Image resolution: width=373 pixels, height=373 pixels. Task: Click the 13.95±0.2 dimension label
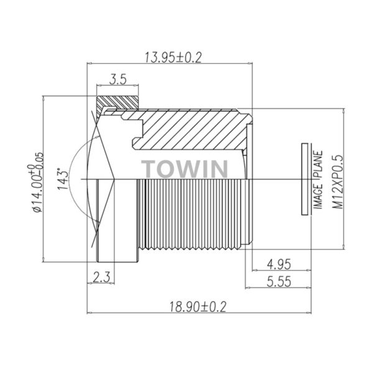pyautogui.click(x=173, y=58)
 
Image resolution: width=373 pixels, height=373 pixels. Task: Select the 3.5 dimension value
pyautogui.click(x=117, y=79)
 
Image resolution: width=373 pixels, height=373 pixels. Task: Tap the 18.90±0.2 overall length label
pyautogui.click(x=198, y=306)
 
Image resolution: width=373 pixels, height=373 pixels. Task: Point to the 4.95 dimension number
pyautogui.click(x=279, y=264)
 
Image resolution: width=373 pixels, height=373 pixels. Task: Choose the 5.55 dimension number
pyautogui.click(x=279, y=282)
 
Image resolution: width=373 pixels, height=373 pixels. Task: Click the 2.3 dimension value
pyautogui.click(x=101, y=277)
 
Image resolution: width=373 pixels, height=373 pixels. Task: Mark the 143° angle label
pyautogui.click(x=63, y=178)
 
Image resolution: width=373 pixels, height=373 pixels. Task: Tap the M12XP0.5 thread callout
pyautogui.click(x=338, y=182)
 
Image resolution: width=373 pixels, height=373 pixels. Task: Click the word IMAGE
pyautogui.click(x=318, y=196)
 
